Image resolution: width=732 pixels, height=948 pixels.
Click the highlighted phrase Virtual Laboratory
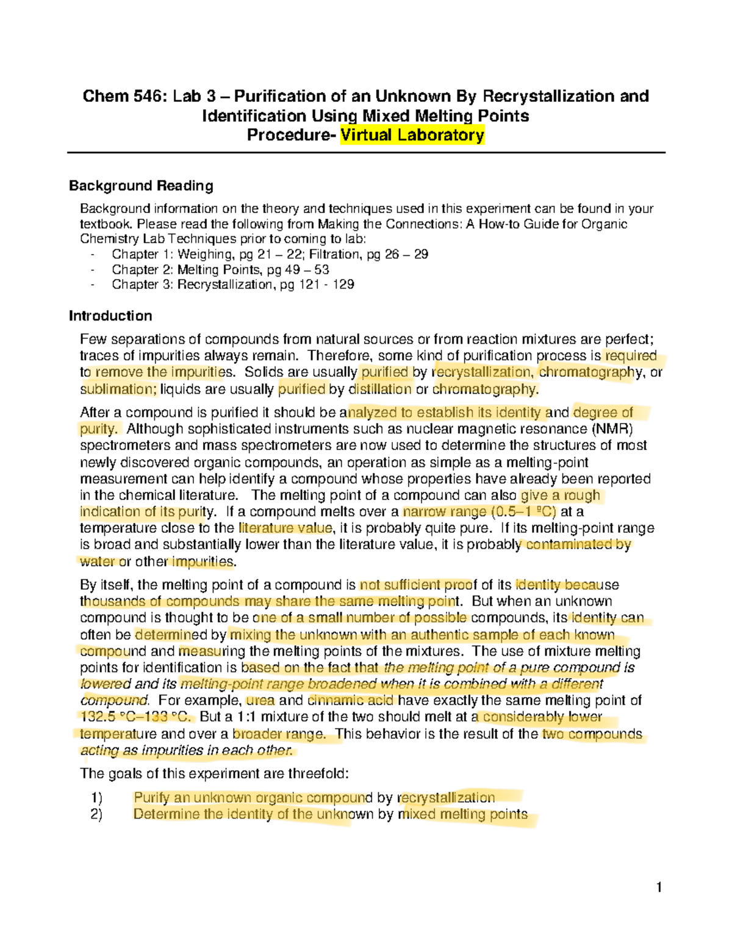click(x=412, y=135)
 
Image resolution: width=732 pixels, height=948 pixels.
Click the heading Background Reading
click(x=141, y=186)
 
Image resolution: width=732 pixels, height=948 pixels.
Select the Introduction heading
click(x=110, y=316)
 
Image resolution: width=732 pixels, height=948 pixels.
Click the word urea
click(x=260, y=700)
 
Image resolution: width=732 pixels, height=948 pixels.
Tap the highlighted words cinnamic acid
click(x=352, y=700)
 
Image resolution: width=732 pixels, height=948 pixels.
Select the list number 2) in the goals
click(x=96, y=814)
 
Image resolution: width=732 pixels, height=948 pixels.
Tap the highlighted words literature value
click(x=285, y=528)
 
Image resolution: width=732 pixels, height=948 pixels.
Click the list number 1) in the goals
click(x=96, y=798)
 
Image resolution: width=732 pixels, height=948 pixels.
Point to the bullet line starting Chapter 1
click(x=270, y=254)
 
